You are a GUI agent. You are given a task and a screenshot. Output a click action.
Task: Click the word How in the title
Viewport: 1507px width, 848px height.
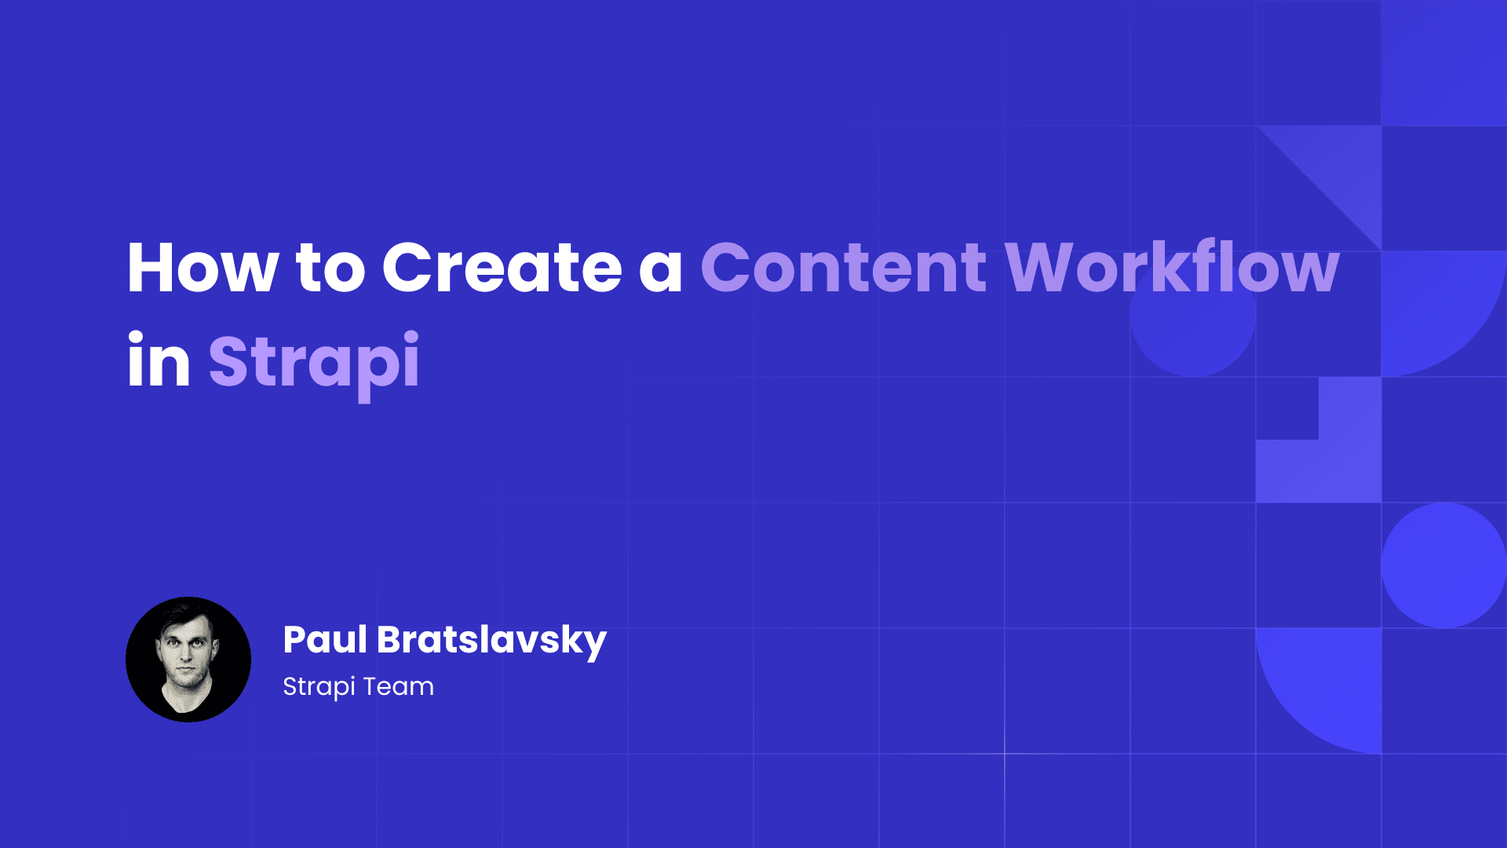[x=203, y=268]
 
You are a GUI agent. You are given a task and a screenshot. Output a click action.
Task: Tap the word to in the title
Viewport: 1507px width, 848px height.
[x=330, y=268]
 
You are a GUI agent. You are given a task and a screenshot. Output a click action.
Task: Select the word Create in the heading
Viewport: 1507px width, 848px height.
[x=502, y=268]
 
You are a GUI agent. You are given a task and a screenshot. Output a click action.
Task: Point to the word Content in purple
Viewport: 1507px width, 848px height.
[x=843, y=268]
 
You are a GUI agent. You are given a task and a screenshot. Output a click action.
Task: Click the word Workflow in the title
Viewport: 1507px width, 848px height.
[x=1172, y=268]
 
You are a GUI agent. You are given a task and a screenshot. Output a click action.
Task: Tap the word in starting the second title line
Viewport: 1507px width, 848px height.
[x=159, y=361]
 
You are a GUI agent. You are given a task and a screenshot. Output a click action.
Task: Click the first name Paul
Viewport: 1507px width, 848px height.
[x=325, y=639]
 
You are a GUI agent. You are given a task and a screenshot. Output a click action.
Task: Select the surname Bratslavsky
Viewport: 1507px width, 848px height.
[x=491, y=641]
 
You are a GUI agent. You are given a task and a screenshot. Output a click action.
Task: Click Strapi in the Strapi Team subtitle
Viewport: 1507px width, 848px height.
[x=319, y=687]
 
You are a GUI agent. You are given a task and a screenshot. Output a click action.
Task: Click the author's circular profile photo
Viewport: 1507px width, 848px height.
[x=188, y=660]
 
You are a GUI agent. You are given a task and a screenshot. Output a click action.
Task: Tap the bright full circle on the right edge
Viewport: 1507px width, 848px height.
[x=1443, y=565]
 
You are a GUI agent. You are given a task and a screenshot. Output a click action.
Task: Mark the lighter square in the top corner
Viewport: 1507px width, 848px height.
[x=1444, y=63]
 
